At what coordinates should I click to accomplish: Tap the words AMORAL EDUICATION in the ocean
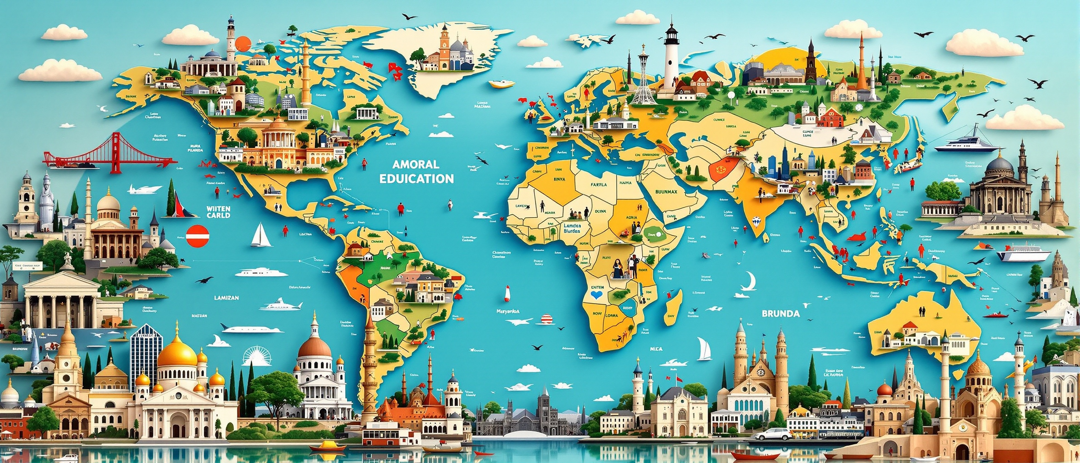point(416,172)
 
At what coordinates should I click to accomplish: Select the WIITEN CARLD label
point(218,212)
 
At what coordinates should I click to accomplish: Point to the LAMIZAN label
point(226,298)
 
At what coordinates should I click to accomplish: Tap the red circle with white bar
point(197,236)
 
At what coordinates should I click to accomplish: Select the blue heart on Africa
point(596,295)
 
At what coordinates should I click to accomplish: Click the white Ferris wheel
point(257,357)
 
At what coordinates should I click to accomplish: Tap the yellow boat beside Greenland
point(502,84)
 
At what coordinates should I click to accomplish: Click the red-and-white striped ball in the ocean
point(546,319)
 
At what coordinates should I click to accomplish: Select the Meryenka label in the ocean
point(508,312)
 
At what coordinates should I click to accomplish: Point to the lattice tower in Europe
point(643,80)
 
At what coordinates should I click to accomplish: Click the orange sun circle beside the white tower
point(243,44)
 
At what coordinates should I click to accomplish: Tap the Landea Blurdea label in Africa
point(572,228)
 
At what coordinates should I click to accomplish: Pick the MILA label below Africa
point(656,349)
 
